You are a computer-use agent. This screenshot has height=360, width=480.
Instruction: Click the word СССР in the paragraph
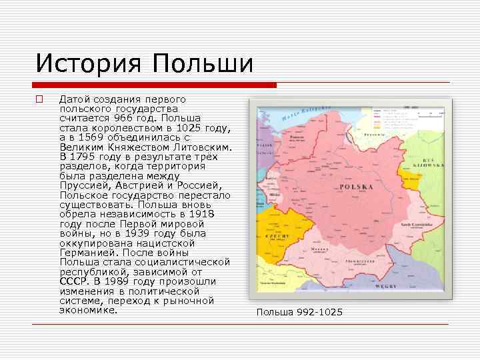[x=72, y=281]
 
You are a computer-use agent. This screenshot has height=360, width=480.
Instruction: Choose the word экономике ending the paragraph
[x=87, y=310]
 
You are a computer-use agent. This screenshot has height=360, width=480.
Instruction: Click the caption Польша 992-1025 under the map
[x=299, y=312]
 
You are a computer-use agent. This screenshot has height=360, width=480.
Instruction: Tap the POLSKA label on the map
[x=356, y=187]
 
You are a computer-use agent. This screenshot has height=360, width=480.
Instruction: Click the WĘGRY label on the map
[x=385, y=285]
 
